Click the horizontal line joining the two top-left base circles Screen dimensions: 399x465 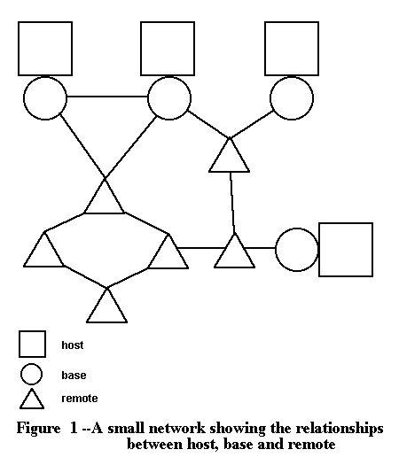click(x=107, y=97)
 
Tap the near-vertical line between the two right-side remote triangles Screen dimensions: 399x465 click(x=232, y=203)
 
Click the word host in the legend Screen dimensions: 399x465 click(x=73, y=345)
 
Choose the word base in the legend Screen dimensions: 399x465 click(x=74, y=376)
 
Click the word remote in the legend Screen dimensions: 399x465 click(x=80, y=399)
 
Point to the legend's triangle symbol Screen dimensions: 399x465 click(x=32, y=408)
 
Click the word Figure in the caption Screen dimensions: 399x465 click(x=38, y=429)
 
